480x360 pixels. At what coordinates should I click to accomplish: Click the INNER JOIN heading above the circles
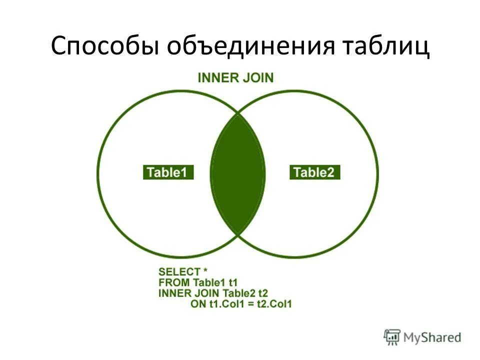(x=235, y=78)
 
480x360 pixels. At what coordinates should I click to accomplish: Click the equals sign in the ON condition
(x=248, y=303)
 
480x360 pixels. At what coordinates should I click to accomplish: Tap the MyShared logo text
(x=433, y=337)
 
